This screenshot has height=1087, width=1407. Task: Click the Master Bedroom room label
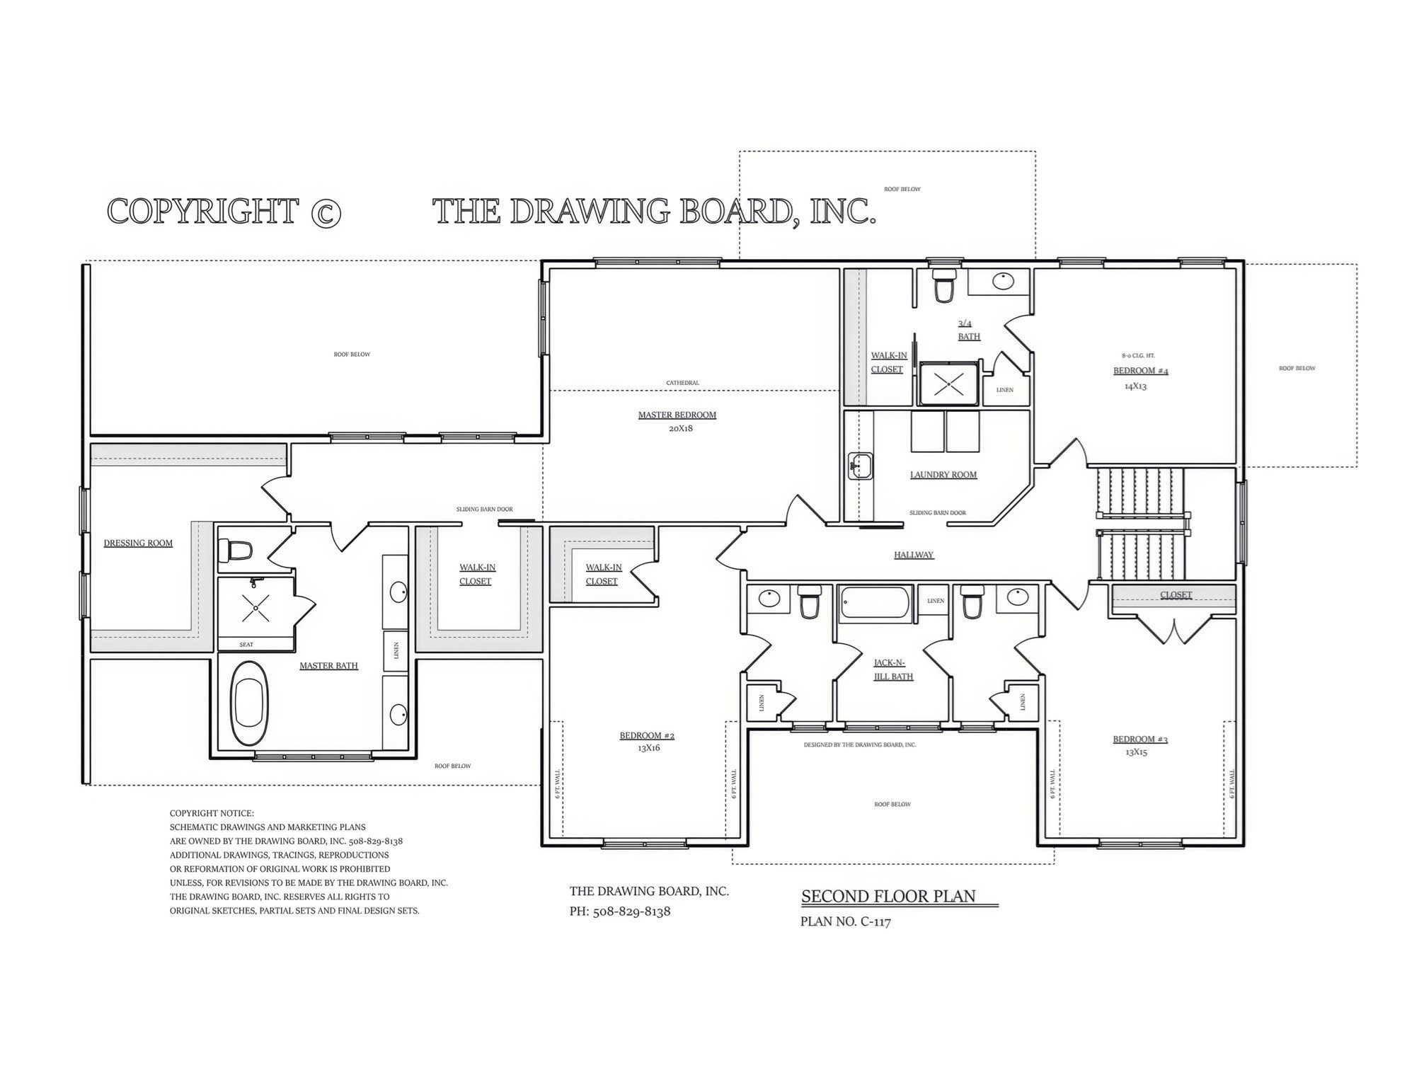coord(677,415)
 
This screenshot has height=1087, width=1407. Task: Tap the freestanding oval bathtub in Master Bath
coord(248,703)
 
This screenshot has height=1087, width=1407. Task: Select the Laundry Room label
coord(943,475)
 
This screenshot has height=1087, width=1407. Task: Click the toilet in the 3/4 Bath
coord(943,286)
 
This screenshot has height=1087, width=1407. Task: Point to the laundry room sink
coord(861,466)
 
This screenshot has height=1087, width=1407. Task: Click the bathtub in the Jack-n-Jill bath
coord(875,604)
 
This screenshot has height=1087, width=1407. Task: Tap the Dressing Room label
coord(138,543)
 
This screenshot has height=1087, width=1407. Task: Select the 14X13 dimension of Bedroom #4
coord(1135,386)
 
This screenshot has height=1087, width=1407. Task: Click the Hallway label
coord(913,555)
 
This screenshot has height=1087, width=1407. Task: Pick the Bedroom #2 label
coord(647,735)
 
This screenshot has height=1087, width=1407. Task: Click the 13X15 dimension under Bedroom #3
coord(1136,752)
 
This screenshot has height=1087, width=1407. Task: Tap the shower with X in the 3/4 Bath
coord(947,384)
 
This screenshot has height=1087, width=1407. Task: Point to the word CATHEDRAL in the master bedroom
coord(682,383)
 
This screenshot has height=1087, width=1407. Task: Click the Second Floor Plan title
coord(888,897)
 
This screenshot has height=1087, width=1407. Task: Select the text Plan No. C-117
coord(845,922)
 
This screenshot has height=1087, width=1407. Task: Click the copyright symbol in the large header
coord(326,213)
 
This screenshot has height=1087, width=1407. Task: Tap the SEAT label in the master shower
coord(246,645)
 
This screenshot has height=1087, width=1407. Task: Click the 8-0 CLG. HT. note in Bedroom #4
coord(1138,356)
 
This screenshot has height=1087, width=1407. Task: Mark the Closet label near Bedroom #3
coord(1176,595)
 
